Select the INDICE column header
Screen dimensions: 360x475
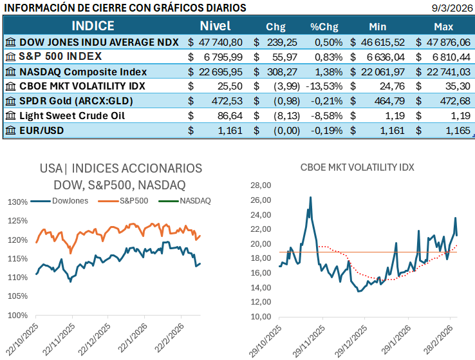[93, 26]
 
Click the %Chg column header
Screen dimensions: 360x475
[324, 27]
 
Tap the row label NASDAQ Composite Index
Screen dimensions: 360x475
[92, 71]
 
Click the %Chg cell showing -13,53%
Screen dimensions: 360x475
[326, 86]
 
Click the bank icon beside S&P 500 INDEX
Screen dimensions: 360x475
[10, 57]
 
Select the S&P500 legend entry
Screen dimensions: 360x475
[133, 201]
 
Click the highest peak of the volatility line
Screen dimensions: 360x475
[310, 198]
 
